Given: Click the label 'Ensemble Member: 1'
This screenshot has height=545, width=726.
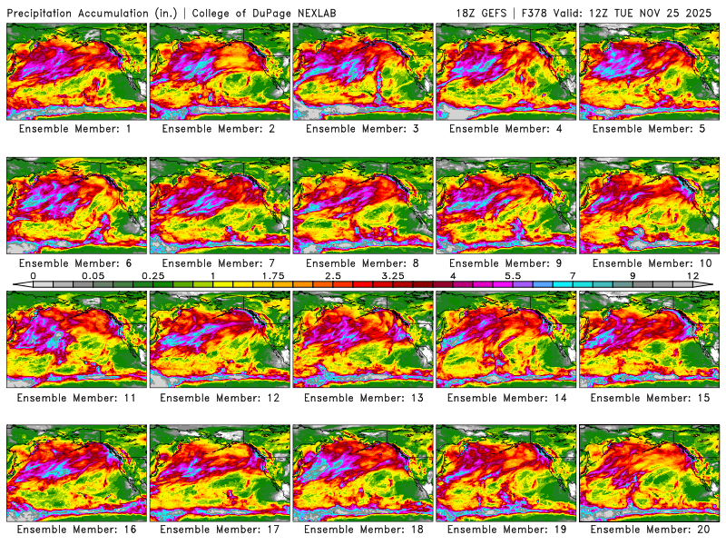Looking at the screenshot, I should tap(76, 129).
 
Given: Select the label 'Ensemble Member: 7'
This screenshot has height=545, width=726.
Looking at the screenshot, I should tap(221, 263).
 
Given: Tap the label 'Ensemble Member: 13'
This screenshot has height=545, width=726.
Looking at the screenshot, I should tap(363, 397).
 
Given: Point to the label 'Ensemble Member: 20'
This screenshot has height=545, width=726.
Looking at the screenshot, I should tap(650, 530).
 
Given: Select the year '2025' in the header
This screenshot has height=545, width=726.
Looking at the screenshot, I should tap(702, 13).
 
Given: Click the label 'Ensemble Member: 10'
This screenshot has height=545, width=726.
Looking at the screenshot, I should tap(650, 263).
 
